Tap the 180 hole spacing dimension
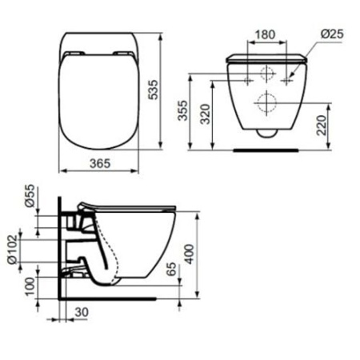[267, 36]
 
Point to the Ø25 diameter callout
[331, 36]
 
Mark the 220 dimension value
[320, 126]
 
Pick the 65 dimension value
[169, 269]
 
